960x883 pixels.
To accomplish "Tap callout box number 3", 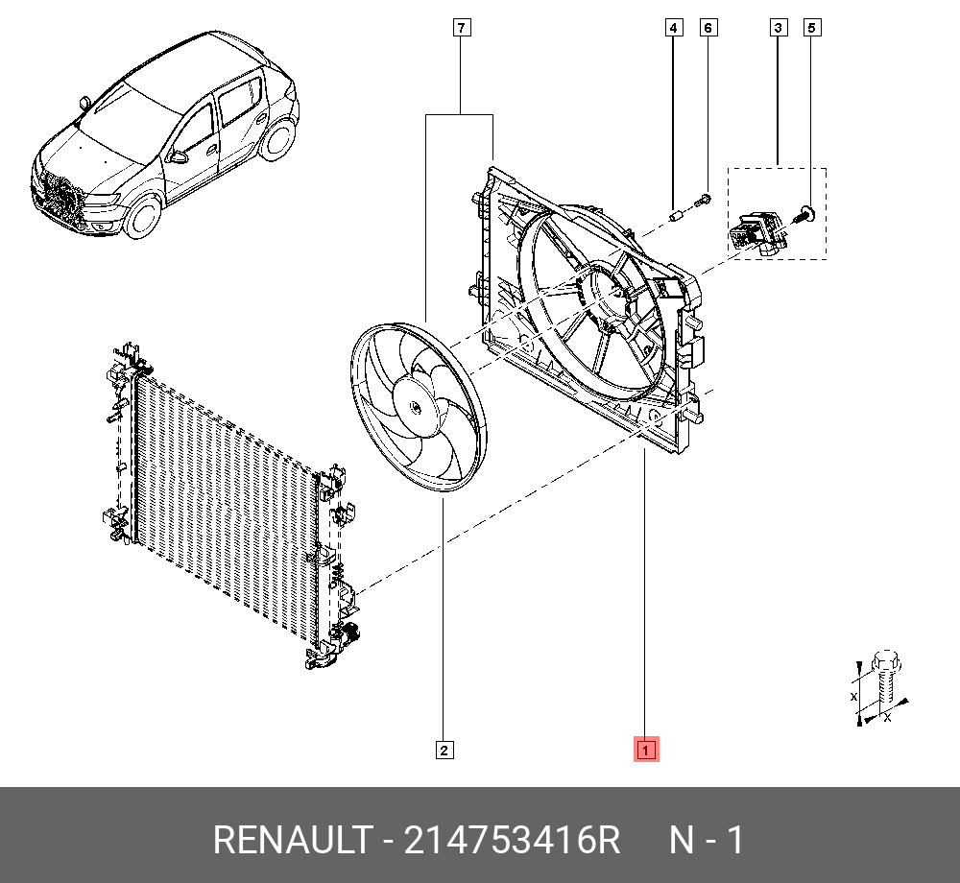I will point(777,29).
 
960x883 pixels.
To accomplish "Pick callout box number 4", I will point(674,29).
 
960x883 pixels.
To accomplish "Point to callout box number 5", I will point(811,29).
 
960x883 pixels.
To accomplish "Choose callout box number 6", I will point(708,29).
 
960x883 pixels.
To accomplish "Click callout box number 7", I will point(461,29).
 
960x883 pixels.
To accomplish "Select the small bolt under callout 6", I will point(704,200).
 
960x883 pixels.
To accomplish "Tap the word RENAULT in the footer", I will point(291,841).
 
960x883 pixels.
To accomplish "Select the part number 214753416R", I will point(512,841).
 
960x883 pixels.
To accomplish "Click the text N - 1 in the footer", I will point(706,841).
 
